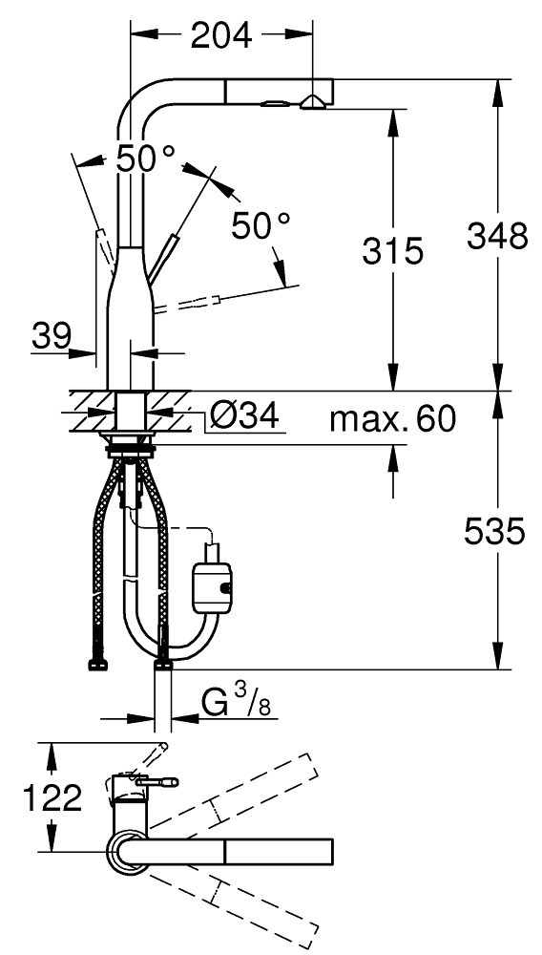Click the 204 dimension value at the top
(x=220, y=36)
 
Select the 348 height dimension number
(x=497, y=236)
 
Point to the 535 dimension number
(x=494, y=532)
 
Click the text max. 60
(x=392, y=419)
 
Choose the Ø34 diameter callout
(x=244, y=417)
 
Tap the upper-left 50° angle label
(x=146, y=159)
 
